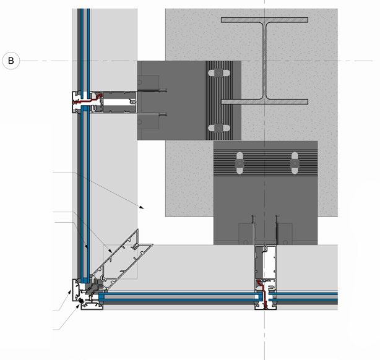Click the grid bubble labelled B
(11, 60)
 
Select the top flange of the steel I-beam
(265, 20)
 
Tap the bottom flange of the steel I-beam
(265, 101)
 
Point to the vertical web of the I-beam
(265, 61)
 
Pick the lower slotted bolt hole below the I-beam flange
(216, 128)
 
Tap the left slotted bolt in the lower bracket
(239, 164)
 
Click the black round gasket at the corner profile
(80, 302)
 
